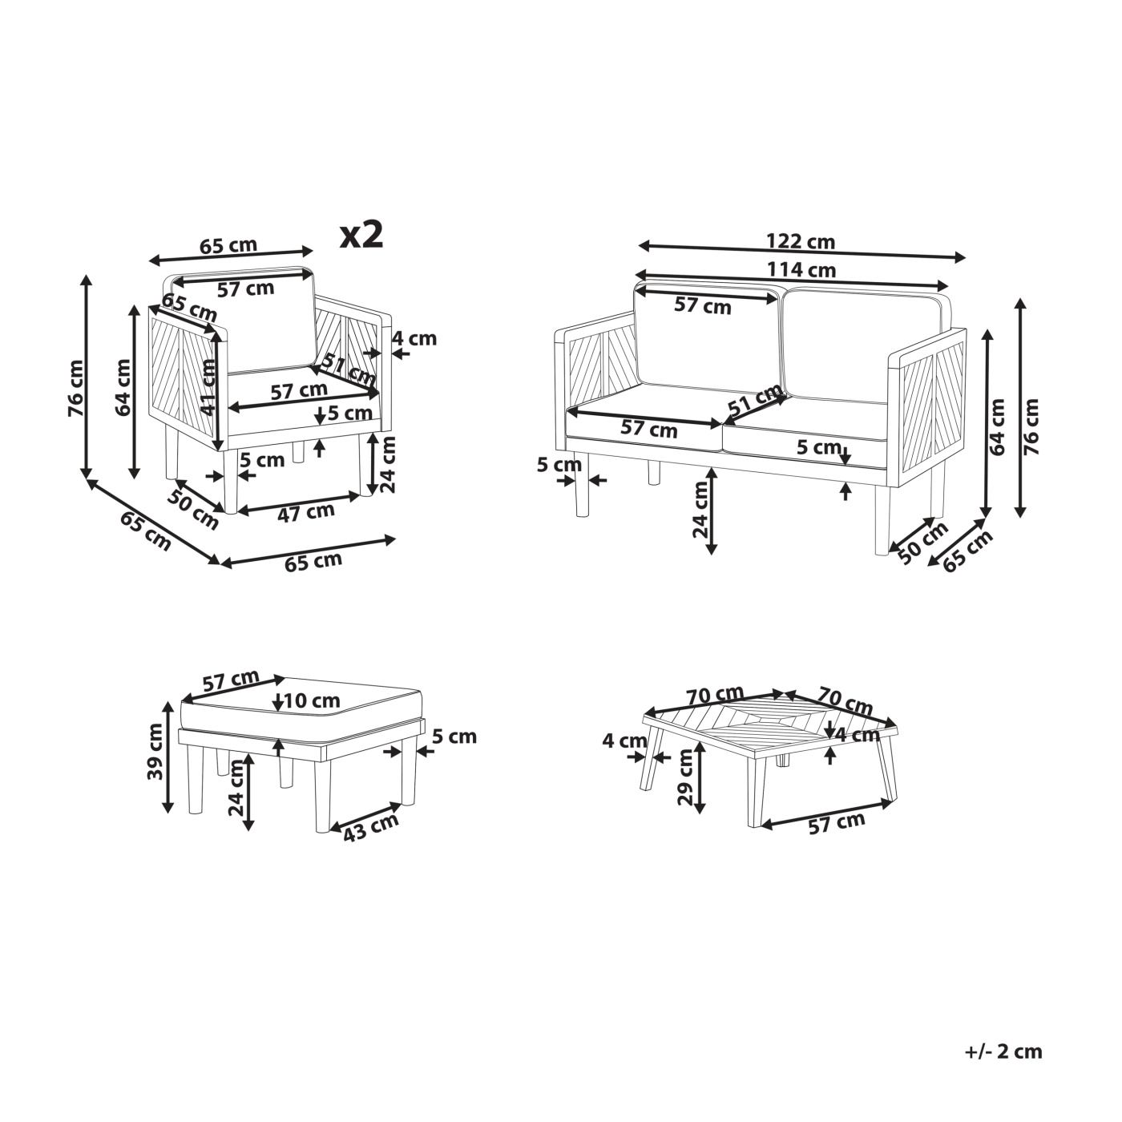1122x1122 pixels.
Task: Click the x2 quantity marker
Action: coord(361,236)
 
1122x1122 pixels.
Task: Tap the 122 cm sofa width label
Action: coord(800,241)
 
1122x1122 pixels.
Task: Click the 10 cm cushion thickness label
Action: coord(312,700)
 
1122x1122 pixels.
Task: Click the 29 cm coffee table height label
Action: coord(687,777)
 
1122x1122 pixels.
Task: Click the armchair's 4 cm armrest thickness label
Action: coord(414,338)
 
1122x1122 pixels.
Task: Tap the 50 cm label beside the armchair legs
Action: coord(192,510)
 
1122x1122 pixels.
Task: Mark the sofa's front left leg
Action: coord(581,486)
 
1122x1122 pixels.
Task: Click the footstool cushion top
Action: coord(303,708)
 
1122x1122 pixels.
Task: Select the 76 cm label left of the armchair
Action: coord(75,388)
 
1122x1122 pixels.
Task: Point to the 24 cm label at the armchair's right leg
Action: coord(388,465)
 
